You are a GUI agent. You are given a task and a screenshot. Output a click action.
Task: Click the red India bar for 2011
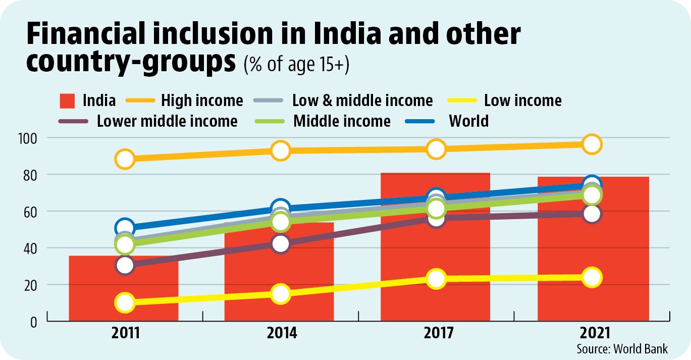point(123,288)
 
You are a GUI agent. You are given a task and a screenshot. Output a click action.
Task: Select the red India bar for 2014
point(279,272)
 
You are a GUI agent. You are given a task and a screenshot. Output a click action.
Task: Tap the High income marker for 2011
point(125,159)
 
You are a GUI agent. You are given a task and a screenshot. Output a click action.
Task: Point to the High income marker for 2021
point(592,144)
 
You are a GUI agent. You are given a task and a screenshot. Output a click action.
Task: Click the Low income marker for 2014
point(281,293)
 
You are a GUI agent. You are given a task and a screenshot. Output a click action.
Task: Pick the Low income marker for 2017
point(436,279)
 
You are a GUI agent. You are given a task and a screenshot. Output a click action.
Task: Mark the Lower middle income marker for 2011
point(125,265)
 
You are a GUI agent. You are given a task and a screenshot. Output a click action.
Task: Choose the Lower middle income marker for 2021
point(592,214)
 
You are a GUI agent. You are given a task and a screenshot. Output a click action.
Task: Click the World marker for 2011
point(125,228)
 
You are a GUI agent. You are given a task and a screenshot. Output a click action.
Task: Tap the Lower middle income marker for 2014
point(281,244)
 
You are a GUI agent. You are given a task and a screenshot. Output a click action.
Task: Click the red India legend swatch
point(67,101)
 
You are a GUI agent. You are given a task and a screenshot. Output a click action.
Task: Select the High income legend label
point(202,100)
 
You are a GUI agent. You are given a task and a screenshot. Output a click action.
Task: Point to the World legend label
point(468,121)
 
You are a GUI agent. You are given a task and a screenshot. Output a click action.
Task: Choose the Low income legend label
point(523,100)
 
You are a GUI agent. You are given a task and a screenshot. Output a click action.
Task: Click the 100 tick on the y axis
point(27,139)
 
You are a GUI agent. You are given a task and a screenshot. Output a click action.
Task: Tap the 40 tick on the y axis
point(30,249)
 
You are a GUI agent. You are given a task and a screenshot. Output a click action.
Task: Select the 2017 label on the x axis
point(439,333)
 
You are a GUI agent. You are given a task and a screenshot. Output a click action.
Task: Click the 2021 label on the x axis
point(595,333)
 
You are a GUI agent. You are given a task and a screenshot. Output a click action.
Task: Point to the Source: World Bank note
point(622,349)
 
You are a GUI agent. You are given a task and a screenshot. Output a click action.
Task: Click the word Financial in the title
point(85,33)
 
